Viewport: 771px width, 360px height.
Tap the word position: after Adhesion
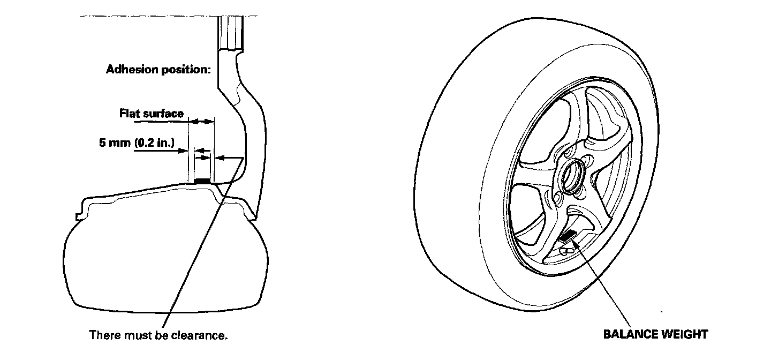183,70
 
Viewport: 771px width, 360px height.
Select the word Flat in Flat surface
129,114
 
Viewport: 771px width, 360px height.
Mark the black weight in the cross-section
201,182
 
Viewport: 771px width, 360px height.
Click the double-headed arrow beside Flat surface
202,123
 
